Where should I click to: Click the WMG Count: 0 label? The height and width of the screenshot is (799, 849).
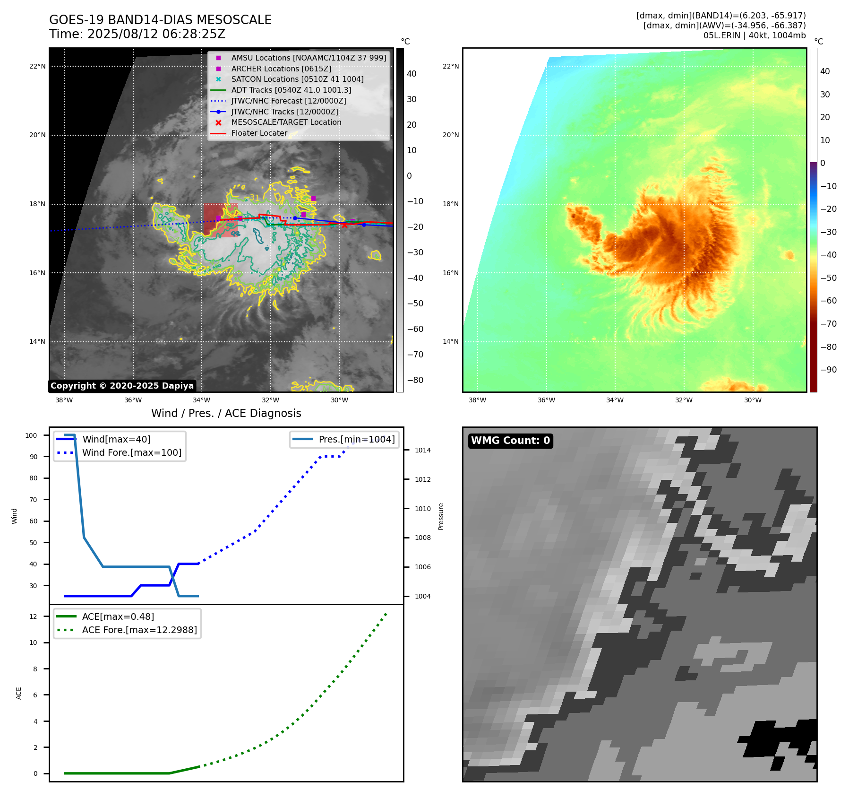[510, 441]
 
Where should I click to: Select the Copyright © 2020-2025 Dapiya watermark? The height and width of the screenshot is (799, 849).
[122, 386]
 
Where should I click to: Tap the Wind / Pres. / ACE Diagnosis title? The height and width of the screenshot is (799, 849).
[226, 413]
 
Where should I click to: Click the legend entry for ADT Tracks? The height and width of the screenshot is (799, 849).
[291, 90]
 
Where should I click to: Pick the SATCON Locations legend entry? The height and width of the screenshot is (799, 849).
[297, 79]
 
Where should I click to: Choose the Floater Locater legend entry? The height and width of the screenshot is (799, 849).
[259, 133]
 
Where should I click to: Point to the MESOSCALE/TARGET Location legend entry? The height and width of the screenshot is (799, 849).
[286, 122]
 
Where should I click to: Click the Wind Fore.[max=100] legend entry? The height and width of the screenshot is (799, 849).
[131, 452]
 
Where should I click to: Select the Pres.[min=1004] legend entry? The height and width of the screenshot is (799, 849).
[356, 439]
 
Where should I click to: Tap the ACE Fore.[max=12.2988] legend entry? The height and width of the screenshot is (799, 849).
[139, 630]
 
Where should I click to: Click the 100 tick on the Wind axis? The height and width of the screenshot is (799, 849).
[31, 435]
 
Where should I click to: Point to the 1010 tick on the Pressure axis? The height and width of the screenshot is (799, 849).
[423, 509]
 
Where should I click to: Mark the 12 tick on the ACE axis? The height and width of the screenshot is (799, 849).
[33, 617]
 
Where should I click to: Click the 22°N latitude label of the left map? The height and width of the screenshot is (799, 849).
[37, 66]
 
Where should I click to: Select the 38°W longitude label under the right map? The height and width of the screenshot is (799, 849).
[477, 400]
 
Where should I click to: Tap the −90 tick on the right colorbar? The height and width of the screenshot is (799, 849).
[828, 370]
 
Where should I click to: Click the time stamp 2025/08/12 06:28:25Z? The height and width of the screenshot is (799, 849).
[156, 35]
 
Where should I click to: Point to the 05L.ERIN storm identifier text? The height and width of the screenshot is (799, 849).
[721, 35]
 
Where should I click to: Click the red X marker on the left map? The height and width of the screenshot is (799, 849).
[344, 225]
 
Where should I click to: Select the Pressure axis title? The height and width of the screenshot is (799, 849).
[441, 516]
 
